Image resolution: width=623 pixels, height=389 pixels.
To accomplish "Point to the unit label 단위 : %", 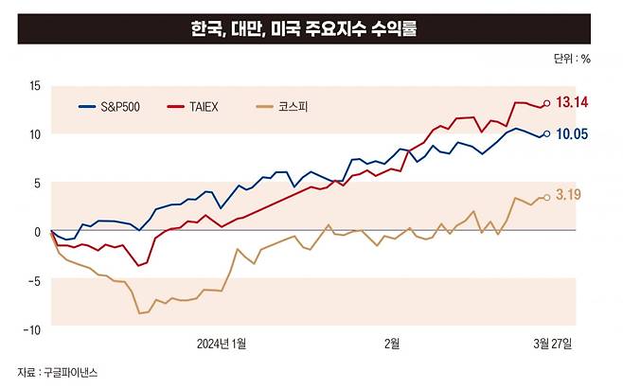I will (572, 59).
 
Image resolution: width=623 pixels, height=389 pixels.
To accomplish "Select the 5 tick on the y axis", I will (37, 184).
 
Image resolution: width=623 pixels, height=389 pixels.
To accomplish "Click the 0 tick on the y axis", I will (37, 232).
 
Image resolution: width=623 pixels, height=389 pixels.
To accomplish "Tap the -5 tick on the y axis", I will (34, 280).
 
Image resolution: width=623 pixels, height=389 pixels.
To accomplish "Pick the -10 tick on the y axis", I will (32, 329).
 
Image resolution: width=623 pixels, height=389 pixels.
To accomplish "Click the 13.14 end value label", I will (573, 102).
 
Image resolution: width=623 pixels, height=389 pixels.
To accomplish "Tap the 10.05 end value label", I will (573, 134).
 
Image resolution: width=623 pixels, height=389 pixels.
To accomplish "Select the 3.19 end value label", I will (568, 196).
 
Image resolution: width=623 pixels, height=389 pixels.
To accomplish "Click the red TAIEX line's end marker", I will (546, 103).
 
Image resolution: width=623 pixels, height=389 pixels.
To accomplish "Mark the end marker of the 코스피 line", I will (546, 198).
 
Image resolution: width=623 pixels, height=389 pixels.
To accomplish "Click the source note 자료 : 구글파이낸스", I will (58, 373).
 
